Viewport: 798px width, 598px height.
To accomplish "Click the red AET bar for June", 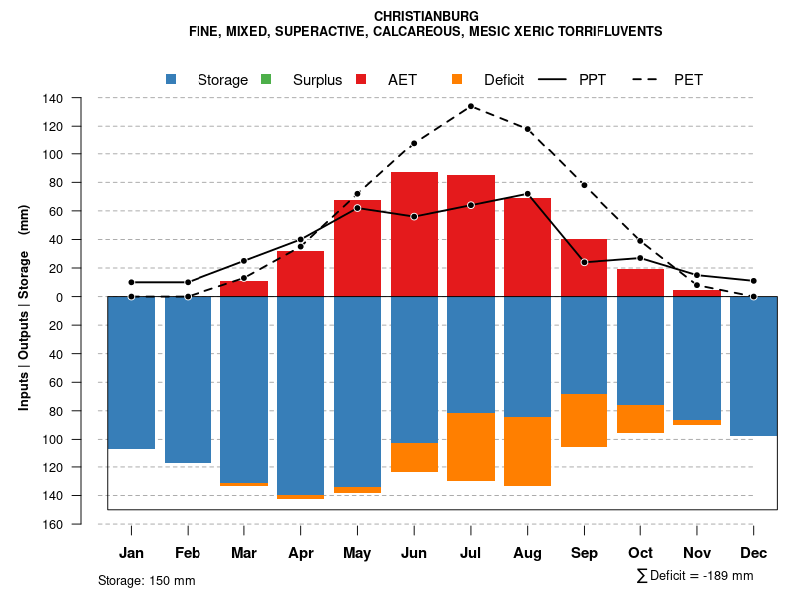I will click(414, 234).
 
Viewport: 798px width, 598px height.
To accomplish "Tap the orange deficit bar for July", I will click(471, 447).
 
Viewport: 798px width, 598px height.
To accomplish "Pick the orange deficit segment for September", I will click(584, 420).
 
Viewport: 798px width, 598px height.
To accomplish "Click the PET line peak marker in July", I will click(471, 106).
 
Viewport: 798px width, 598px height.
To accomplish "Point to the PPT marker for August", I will click(527, 194).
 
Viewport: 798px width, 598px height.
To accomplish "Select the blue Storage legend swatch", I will click(172, 79).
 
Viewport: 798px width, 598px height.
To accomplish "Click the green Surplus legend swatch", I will click(266, 79).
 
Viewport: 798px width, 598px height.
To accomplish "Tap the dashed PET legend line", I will click(648, 79).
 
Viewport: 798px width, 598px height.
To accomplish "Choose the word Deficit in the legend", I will click(504, 80).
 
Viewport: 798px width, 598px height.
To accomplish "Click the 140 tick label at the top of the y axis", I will click(53, 98).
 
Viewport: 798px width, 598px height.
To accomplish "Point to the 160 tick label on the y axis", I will click(53, 524).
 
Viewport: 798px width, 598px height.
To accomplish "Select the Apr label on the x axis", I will click(300, 553).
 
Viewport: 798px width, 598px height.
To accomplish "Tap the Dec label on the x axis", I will click(754, 553).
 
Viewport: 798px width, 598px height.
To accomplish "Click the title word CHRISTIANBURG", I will click(426, 17).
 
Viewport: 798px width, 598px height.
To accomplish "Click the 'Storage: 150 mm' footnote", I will click(146, 580).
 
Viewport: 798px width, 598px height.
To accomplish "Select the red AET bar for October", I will click(640, 282).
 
